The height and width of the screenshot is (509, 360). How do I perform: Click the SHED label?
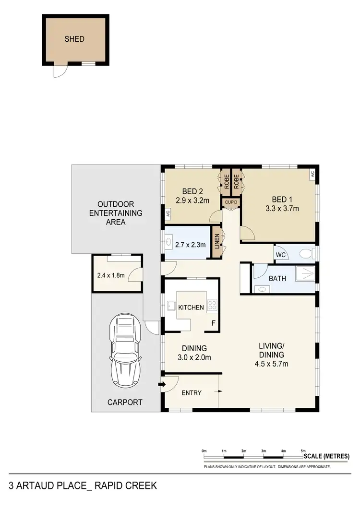click(x=74, y=39)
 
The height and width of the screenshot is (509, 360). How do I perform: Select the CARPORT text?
click(x=124, y=402)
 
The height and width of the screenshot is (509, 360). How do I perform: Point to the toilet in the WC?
click(x=306, y=253)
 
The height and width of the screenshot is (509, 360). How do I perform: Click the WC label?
click(x=281, y=255)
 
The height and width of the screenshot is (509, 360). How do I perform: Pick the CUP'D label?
click(x=231, y=203)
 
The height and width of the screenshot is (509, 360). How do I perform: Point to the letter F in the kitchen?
click(x=213, y=323)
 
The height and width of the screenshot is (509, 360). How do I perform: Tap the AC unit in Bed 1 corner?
click(x=312, y=175)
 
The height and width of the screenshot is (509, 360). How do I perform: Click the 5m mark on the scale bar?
click(x=303, y=451)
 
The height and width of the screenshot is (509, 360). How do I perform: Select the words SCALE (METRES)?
click(x=326, y=456)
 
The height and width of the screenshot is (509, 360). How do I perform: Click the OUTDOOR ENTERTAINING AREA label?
click(x=116, y=213)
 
